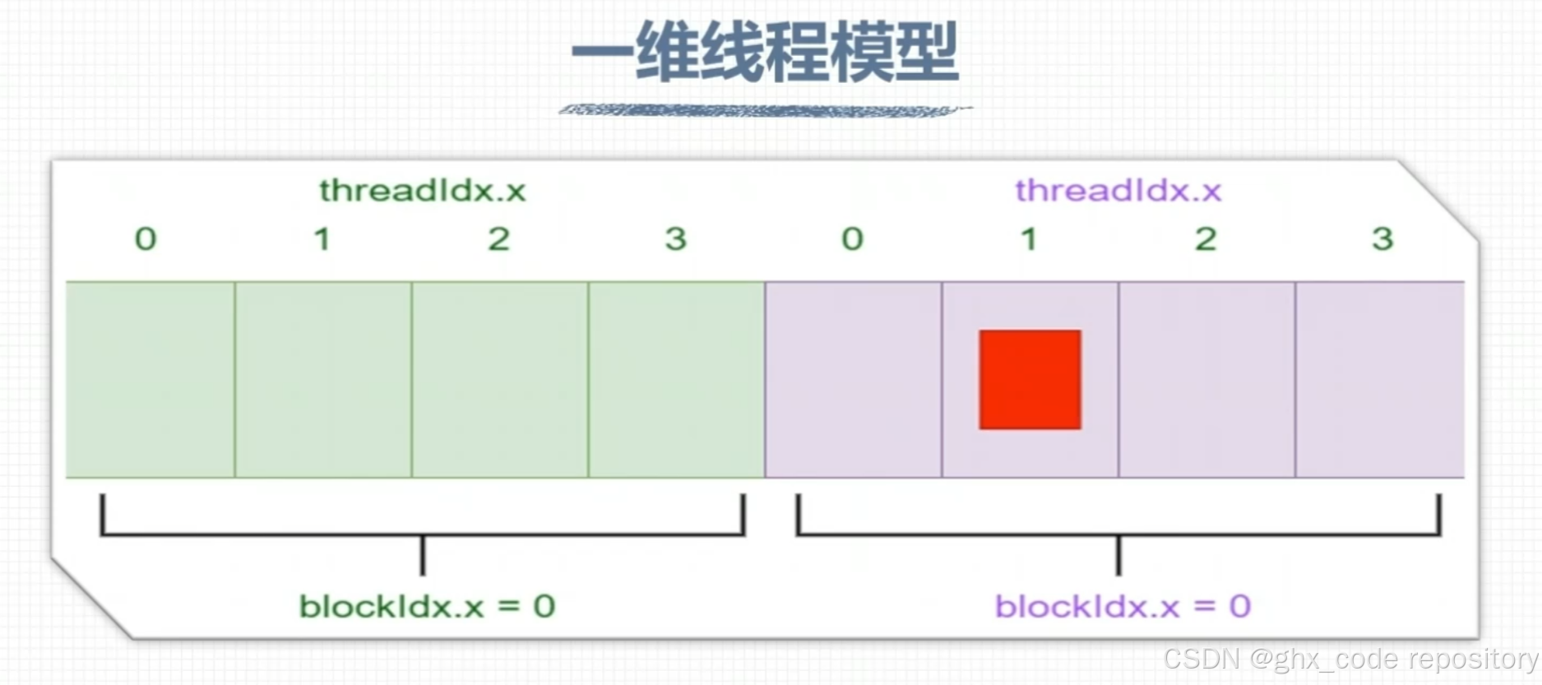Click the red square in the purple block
click(1030, 379)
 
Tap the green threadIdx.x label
click(422, 191)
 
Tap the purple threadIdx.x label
click(1118, 191)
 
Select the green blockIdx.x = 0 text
click(427, 607)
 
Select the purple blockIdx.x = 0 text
click(1123, 607)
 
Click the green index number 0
click(146, 239)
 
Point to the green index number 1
click(322, 239)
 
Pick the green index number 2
click(498, 239)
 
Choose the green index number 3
click(675, 239)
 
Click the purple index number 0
click(852, 239)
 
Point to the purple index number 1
click(1028, 239)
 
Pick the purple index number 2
click(1206, 239)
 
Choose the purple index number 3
click(1382, 239)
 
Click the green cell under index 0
click(150, 379)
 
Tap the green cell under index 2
click(500, 379)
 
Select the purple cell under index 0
click(854, 379)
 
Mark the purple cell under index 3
click(1380, 379)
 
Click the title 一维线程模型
click(765, 52)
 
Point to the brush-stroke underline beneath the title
click(765, 110)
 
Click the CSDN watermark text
click(1350, 659)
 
